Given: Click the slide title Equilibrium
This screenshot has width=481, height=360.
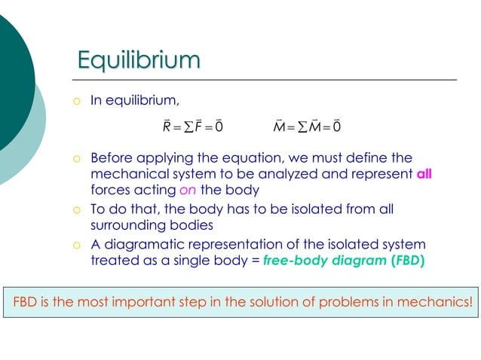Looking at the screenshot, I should coord(139,59).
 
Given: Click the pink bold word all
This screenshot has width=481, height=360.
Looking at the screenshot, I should coord(424,175).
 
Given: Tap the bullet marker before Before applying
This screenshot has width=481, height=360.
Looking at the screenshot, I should coord(76,160).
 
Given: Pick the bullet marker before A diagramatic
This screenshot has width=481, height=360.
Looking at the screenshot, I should coord(76,245).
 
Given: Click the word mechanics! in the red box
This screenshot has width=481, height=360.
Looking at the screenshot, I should coord(440,303).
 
